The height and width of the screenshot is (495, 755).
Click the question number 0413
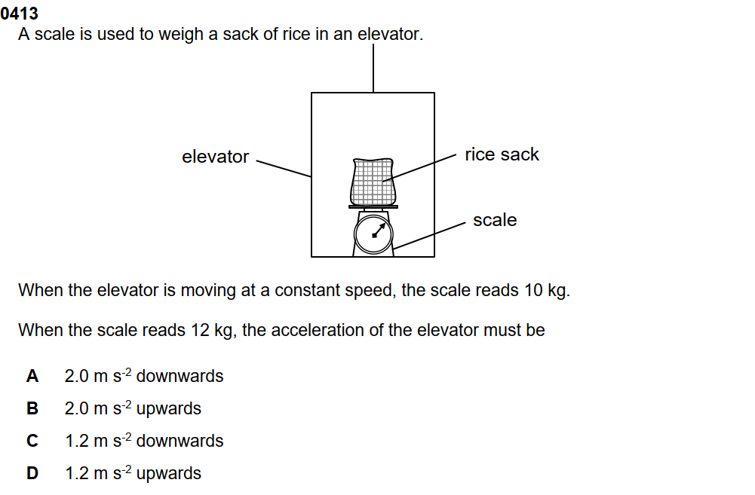20,14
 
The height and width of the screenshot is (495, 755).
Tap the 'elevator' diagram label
215,157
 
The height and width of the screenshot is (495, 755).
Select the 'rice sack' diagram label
502,154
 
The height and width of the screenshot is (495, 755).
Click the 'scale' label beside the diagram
495,220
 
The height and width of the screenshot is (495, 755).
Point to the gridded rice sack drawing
373,181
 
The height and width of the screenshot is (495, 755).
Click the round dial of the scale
373,233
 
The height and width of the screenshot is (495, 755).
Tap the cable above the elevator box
373,68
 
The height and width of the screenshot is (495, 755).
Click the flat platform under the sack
373,206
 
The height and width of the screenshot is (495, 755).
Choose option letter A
32,376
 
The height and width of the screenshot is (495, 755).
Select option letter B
32,408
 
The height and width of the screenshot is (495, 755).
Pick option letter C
32,441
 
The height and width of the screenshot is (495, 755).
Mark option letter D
32,473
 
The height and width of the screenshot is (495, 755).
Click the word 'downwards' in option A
180,376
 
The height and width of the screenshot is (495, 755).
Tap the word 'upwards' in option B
169,408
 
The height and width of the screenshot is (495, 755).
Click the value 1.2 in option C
76,441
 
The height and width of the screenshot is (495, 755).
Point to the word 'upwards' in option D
169,473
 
